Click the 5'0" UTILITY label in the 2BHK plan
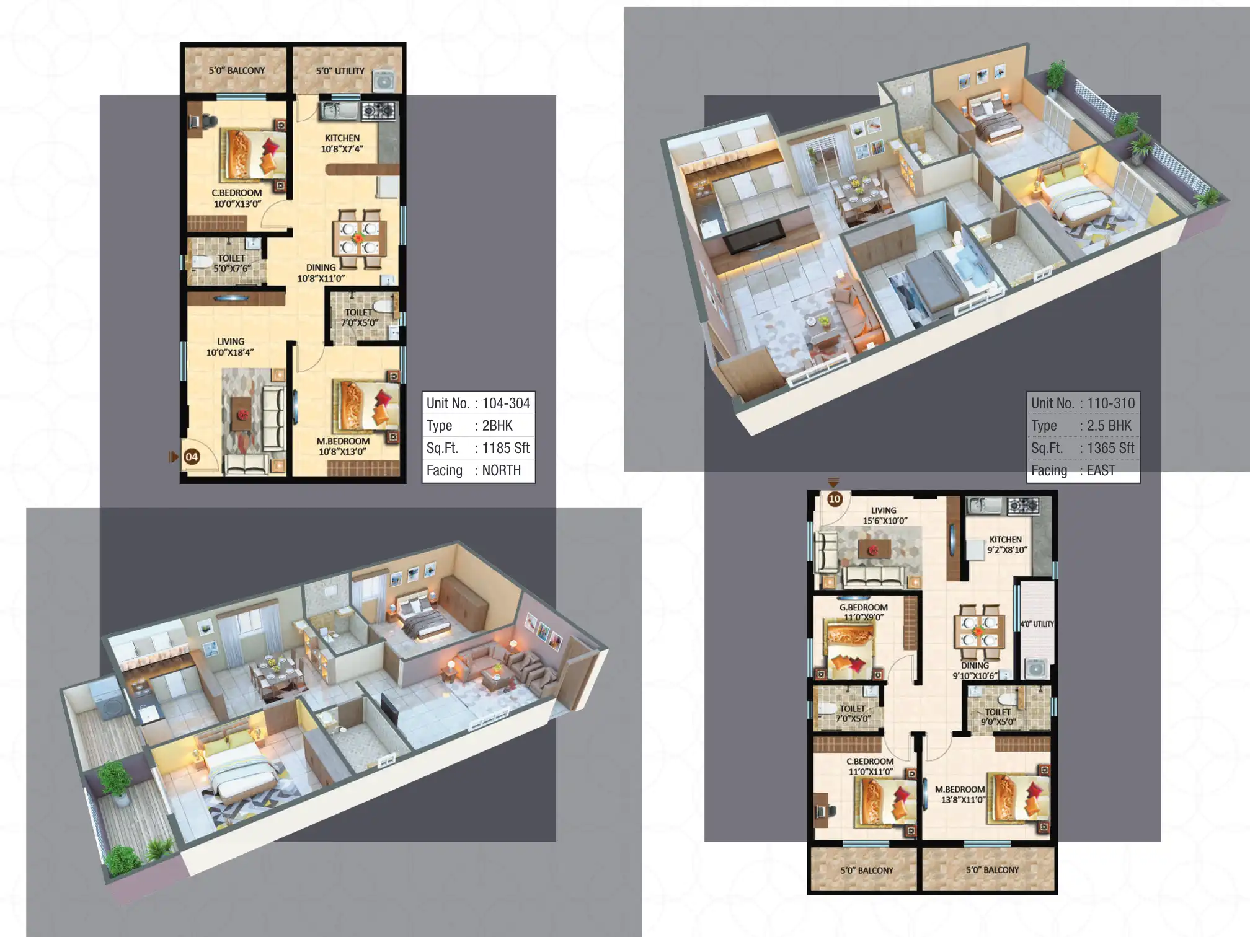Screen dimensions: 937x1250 (x=340, y=71)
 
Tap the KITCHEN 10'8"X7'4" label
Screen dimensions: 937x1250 (x=342, y=143)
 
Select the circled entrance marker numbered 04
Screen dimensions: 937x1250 (x=192, y=457)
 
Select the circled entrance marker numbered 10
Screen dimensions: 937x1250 (x=835, y=499)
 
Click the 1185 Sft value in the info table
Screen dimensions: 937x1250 (x=505, y=448)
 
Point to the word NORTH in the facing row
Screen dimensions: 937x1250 (x=501, y=470)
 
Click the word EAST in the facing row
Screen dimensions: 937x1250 (x=1101, y=470)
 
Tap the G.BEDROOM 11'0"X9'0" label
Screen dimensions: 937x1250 (x=863, y=612)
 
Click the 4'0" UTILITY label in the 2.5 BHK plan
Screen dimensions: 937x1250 (x=1037, y=624)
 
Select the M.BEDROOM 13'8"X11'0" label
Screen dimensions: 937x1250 (x=960, y=794)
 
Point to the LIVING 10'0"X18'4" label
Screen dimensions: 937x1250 (x=230, y=347)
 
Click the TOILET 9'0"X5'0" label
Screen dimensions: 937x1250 (x=998, y=717)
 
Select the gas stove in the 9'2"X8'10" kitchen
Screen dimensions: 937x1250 (x=1023, y=506)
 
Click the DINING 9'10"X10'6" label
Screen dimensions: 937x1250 (x=975, y=671)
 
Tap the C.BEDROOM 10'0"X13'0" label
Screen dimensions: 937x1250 (x=237, y=198)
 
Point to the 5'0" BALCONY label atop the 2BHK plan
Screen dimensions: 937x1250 (x=236, y=71)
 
